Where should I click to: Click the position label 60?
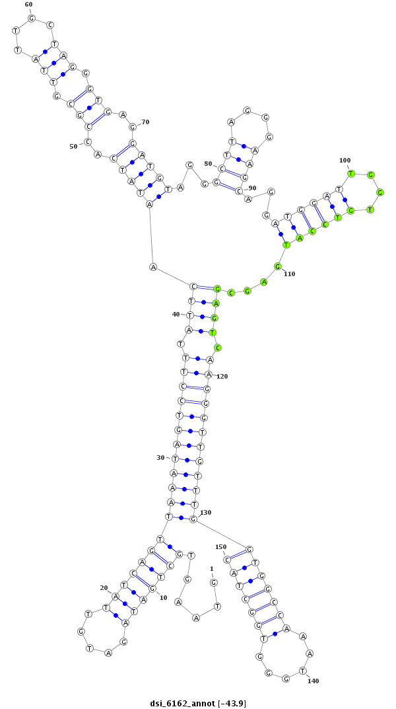(28, 5)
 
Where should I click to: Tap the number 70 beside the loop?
(145, 122)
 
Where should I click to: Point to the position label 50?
(73, 146)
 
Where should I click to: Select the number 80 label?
(208, 164)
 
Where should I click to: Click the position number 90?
(251, 188)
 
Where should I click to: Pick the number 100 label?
(345, 160)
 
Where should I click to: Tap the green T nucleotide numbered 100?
(351, 174)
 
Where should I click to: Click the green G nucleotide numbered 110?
(278, 266)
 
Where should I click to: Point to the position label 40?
(176, 315)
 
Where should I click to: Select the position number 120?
(222, 376)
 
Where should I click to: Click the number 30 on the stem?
(160, 457)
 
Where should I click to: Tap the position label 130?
(206, 512)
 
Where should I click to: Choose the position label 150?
(220, 547)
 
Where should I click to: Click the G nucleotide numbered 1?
(213, 582)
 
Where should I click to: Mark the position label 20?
(104, 587)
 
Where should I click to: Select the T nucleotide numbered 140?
(303, 670)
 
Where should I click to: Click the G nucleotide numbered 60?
(31, 18)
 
